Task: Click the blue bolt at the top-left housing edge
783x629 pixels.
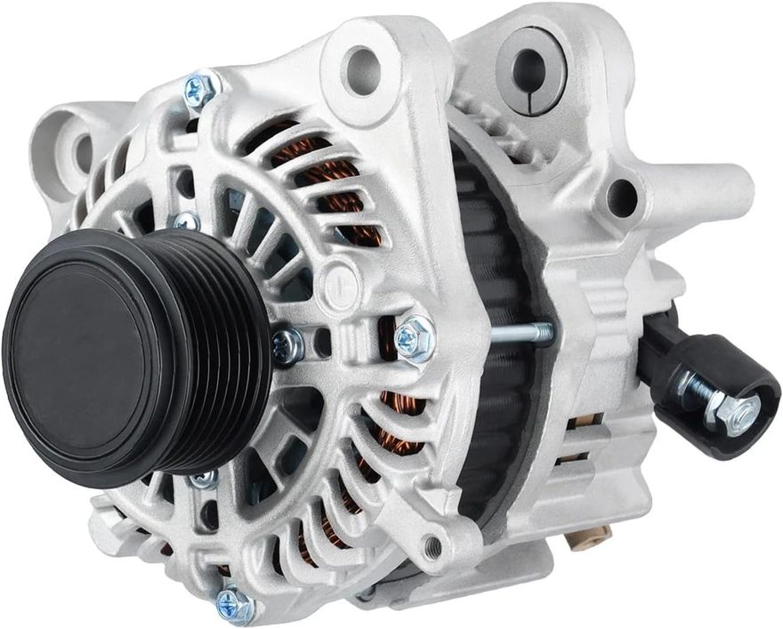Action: [x=198, y=89]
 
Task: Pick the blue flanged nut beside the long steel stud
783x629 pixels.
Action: [x=414, y=338]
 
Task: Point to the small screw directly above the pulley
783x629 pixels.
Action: [x=186, y=221]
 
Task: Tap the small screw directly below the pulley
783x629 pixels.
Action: [x=204, y=480]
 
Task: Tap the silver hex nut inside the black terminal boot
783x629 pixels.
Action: [x=738, y=414]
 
